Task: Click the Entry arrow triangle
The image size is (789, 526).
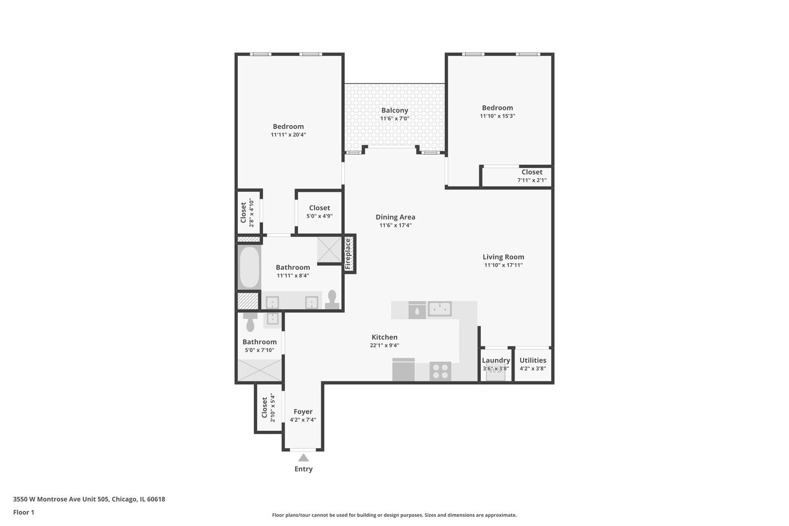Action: coord(303,458)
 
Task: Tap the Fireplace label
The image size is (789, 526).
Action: coord(348,254)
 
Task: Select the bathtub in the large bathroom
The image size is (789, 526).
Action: coord(249,267)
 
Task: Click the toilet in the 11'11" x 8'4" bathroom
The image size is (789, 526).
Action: coord(332,300)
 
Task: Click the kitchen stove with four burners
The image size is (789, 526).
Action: coord(440,371)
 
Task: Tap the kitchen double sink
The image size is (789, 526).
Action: coord(440,309)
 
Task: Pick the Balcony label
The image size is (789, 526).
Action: coord(394,110)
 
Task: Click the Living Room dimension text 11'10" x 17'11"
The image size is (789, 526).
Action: coord(503,265)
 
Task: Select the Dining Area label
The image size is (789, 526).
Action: coord(395,217)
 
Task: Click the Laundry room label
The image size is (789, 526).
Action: coord(496,360)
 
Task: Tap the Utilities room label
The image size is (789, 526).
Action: coord(533,360)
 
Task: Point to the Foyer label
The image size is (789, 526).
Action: coord(303,412)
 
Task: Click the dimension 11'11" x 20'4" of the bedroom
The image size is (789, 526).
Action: coord(288,134)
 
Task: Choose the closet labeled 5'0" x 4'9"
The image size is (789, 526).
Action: coord(319,212)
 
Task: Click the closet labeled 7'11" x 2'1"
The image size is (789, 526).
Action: coord(516,176)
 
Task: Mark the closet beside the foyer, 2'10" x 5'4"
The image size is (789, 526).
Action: coord(269,408)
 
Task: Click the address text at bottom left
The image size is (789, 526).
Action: coord(89,499)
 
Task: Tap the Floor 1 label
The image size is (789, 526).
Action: coord(23,512)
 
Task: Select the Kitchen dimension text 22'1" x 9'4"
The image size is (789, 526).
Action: coord(384,346)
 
